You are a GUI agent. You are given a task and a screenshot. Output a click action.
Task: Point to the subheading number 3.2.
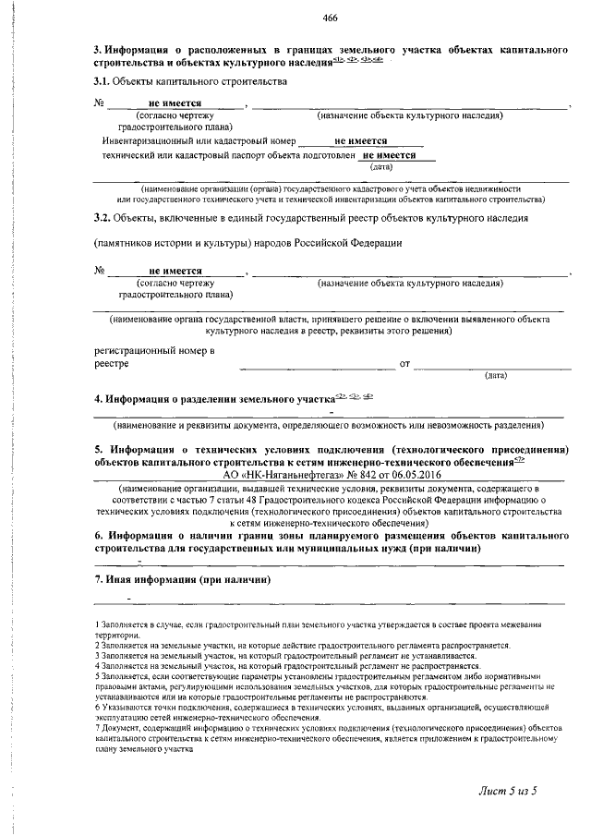[103, 218]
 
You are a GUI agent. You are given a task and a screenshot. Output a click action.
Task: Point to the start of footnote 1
[98, 626]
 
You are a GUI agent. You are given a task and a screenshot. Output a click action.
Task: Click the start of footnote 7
[98, 728]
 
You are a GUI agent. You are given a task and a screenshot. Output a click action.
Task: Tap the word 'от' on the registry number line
[404, 364]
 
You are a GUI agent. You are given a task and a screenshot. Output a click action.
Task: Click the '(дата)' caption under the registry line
[496, 376]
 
